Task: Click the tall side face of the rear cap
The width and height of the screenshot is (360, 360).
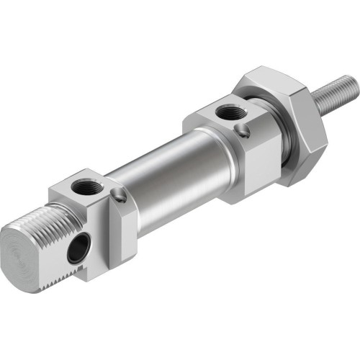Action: coord(120,238)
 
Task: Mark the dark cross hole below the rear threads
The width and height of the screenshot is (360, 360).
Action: coord(75,251)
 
